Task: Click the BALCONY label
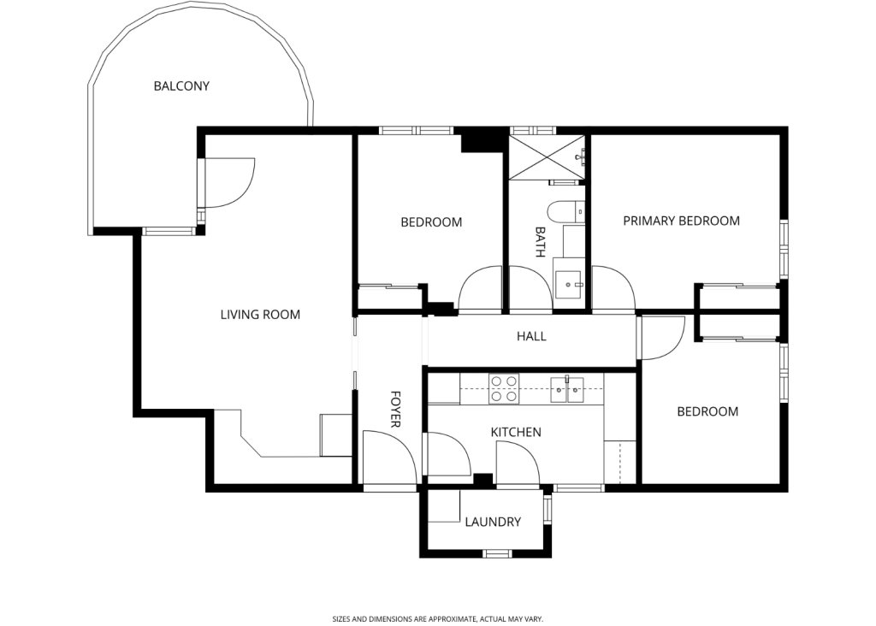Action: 181,86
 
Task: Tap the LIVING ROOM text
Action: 260,315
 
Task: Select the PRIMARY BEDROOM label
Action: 681,221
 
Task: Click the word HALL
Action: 530,336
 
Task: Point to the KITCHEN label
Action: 515,432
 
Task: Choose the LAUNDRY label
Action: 492,522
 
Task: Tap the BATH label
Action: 540,242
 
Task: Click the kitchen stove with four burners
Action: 503,389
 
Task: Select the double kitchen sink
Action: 566,389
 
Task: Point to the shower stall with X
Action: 547,157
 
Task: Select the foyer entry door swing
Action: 388,458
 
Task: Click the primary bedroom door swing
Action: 613,289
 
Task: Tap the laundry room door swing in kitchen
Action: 517,466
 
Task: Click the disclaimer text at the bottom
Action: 437,618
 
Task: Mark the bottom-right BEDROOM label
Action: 707,411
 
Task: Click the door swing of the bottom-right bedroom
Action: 661,337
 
